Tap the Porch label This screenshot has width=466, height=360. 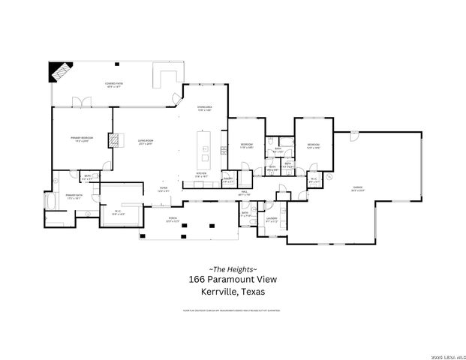tap(173, 220)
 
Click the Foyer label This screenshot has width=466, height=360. tap(163, 190)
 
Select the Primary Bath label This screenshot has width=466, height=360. tap(74, 198)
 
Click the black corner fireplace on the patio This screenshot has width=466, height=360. tap(59, 71)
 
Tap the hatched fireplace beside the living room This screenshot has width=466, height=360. tap(113, 139)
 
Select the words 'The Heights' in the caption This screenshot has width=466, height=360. tap(233, 268)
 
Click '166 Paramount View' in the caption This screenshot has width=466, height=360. tap(233, 280)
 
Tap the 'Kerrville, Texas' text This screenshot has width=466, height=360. tap(233, 292)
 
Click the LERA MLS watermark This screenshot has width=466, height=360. tap(443, 354)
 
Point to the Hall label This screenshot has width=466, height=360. tap(242, 193)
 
